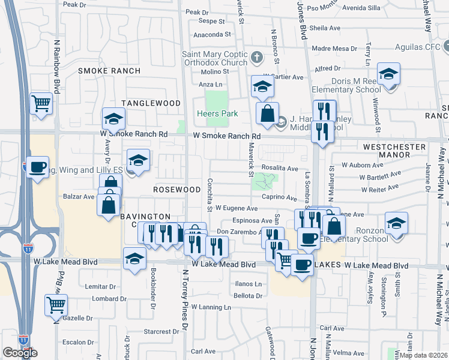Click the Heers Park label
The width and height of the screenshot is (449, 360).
pos(217,113)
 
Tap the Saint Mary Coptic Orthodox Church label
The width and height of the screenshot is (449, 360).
pos(215,58)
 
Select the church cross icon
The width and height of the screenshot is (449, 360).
pos(257,58)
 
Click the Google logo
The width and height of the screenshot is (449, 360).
pos(20,353)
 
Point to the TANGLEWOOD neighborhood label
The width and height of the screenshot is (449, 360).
pos(151,103)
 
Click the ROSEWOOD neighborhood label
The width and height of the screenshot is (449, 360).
pos(176,189)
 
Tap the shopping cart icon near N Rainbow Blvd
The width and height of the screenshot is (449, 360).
pos(41,104)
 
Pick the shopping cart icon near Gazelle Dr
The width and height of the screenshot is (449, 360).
pos(56,304)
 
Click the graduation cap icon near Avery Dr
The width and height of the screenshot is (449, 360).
pos(113,118)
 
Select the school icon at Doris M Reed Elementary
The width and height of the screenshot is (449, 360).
pos(388,74)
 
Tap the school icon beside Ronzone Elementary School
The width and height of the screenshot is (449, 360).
pos(396,223)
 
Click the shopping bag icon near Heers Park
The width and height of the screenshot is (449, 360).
pos(267,112)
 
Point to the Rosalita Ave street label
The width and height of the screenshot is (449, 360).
pos(279,169)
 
